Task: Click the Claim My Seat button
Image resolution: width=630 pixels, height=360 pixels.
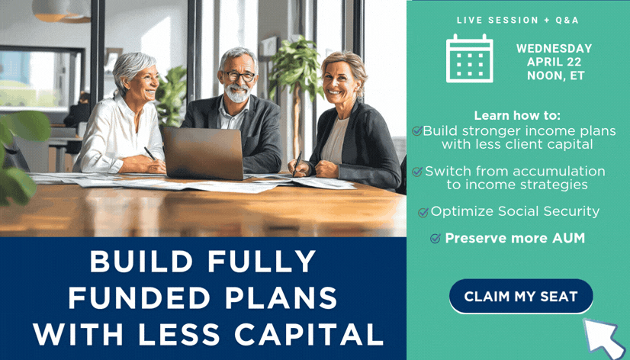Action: [521, 296]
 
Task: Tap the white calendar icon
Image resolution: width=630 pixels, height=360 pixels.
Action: [469, 59]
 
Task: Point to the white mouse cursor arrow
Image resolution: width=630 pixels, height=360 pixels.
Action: [603, 336]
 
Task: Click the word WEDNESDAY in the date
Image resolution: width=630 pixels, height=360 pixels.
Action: [554, 49]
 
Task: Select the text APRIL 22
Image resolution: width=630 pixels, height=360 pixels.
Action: [554, 62]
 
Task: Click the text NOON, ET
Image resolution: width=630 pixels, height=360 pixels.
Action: [556, 76]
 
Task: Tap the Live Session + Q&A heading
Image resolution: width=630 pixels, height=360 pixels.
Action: [518, 21]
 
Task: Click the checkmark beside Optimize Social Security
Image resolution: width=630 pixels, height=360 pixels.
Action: [423, 212]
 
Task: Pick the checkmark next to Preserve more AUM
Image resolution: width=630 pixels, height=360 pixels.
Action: [436, 239]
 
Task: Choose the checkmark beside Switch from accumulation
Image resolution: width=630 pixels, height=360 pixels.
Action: [417, 172]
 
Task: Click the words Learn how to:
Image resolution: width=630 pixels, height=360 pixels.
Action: [517, 116]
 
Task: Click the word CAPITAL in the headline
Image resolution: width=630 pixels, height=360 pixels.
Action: [309, 334]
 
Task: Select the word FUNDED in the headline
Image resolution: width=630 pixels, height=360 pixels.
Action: [139, 297]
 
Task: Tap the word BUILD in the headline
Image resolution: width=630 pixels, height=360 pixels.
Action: [141, 262]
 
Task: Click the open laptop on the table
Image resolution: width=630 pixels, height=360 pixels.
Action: [203, 153]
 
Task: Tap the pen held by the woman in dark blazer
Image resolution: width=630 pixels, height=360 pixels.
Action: [297, 163]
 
